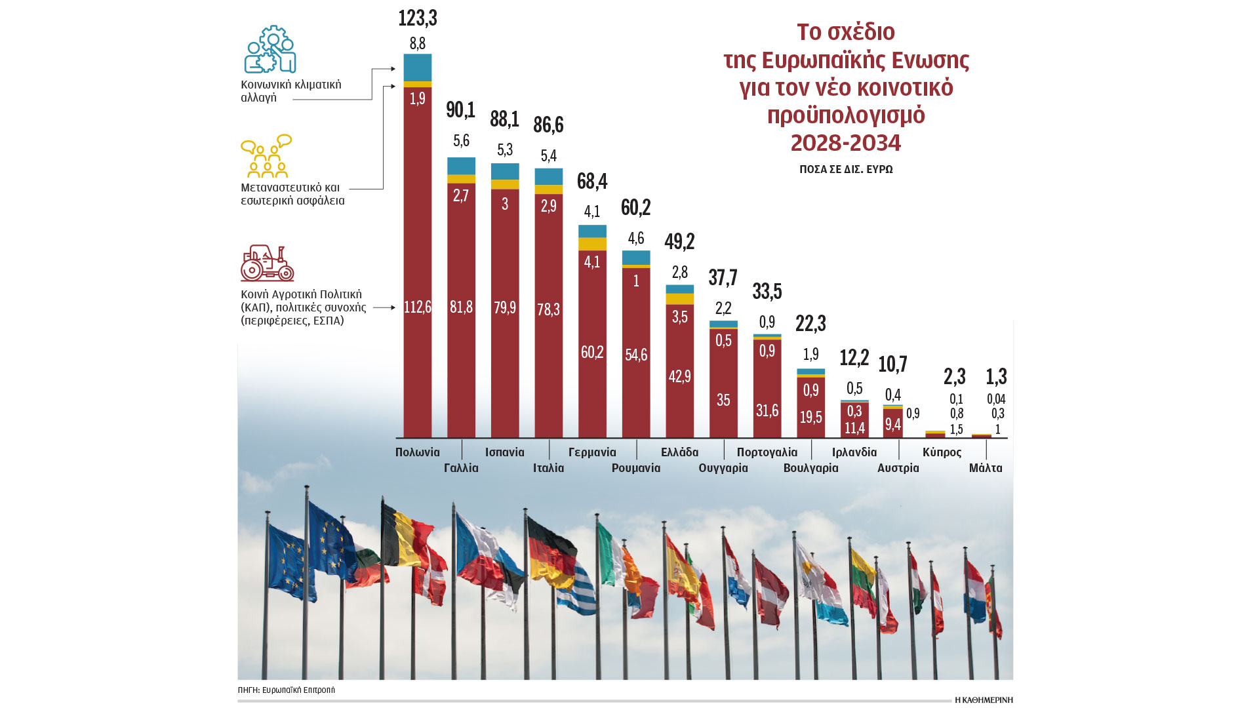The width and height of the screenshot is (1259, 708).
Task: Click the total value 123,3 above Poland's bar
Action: click(x=418, y=18)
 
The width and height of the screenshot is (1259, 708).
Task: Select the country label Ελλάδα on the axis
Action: click(x=679, y=452)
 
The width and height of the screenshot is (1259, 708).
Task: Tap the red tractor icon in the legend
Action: click(x=267, y=264)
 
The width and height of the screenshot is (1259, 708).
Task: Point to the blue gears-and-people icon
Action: click(x=270, y=50)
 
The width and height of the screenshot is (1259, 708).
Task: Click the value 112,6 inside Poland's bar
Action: click(x=418, y=307)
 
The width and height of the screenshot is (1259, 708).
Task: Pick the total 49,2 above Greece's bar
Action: click(x=679, y=242)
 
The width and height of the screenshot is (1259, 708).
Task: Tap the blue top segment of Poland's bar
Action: click(x=418, y=68)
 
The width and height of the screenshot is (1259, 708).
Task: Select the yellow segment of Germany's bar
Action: click(x=592, y=244)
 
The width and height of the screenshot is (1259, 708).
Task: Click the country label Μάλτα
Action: click(x=986, y=468)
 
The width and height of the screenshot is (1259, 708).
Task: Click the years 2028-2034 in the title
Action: click(x=846, y=143)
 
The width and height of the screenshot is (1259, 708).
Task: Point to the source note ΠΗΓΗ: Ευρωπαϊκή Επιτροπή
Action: click(x=287, y=690)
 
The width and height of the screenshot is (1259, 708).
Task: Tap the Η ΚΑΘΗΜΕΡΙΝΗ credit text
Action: click(x=984, y=700)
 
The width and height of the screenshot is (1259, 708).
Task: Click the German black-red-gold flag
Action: click(x=551, y=551)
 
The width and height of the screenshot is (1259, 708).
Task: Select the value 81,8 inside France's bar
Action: click(x=461, y=307)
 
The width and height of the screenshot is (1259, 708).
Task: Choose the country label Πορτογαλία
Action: click(x=767, y=452)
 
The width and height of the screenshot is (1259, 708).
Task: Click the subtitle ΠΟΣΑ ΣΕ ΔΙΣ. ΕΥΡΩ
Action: click(x=846, y=169)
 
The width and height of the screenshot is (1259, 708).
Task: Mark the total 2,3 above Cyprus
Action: click(x=955, y=377)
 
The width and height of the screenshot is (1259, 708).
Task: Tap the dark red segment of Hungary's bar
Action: click(x=723, y=383)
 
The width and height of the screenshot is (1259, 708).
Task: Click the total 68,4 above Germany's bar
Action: click(x=592, y=182)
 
